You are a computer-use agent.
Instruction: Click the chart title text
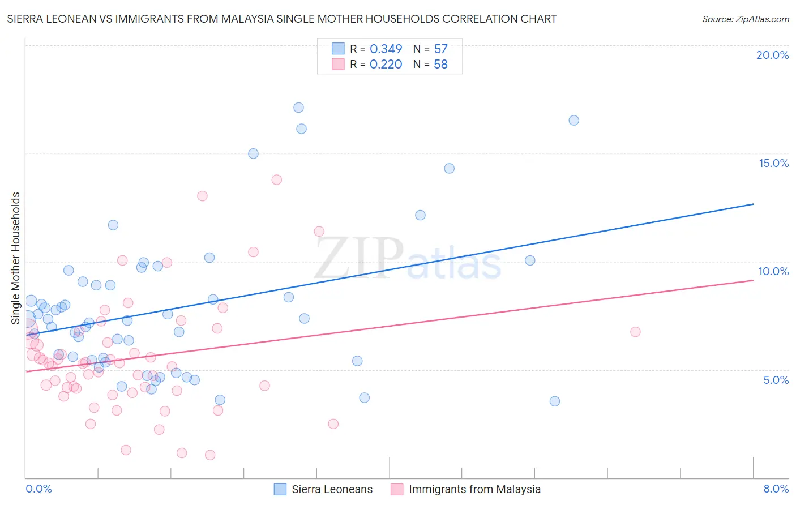(x=282, y=19)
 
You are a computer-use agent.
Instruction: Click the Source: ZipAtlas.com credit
(x=745, y=19)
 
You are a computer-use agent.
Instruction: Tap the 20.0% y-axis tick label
(x=772, y=55)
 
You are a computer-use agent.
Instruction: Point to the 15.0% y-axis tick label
(x=773, y=163)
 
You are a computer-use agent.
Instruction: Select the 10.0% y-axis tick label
(x=773, y=271)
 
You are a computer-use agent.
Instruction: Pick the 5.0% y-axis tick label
(x=776, y=380)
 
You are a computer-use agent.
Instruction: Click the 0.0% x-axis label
(x=38, y=489)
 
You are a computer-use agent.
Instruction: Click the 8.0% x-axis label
(x=776, y=489)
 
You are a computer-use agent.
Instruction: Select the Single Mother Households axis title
(x=16, y=258)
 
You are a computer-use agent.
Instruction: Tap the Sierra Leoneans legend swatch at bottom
(x=280, y=489)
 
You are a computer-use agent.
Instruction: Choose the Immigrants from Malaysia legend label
(x=474, y=489)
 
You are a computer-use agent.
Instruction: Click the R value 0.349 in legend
(x=386, y=49)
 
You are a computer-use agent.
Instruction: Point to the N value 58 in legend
(x=440, y=65)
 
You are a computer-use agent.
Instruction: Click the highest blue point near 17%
(x=298, y=108)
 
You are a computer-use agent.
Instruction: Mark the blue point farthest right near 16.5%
(x=574, y=120)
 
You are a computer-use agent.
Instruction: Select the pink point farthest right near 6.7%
(x=635, y=332)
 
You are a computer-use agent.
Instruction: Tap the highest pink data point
(x=276, y=179)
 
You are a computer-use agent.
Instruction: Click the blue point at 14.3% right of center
(x=449, y=168)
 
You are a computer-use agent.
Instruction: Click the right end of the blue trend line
(x=753, y=204)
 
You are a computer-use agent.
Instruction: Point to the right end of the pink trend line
(x=753, y=280)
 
